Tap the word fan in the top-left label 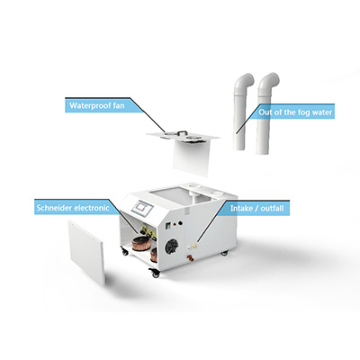pos(119,105)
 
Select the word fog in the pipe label pos(303,112)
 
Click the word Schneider pos(54,208)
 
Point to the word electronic pos(92,208)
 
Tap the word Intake pos(240,208)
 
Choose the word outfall pos(272,208)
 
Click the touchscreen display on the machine pos(142,208)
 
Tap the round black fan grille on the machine pos(172,247)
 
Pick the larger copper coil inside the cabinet pos(140,242)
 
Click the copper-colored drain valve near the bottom pos(190,257)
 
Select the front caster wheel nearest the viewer pos(156,273)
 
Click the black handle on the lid pos(182,131)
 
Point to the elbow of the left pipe pos(247,80)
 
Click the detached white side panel pos(86,253)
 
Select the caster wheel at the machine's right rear pos(224,253)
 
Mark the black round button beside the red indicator pos(181,223)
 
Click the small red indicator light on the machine pos(174,224)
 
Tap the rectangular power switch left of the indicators pos(168,226)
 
